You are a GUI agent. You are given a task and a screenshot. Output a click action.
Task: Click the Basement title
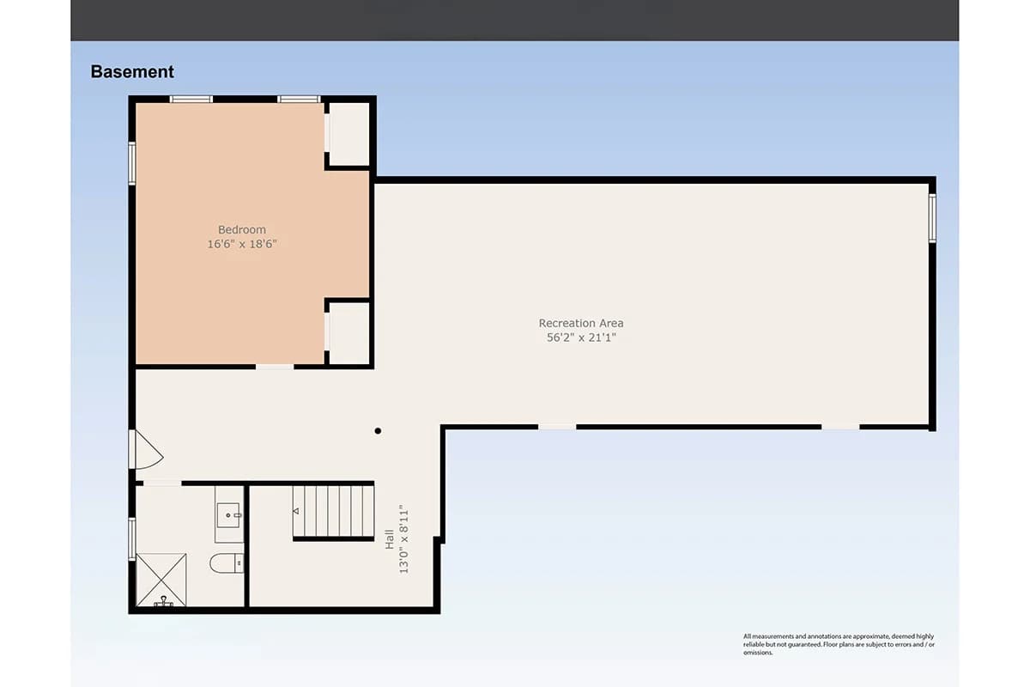pos(132,72)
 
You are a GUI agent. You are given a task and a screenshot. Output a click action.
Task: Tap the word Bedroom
pos(242,229)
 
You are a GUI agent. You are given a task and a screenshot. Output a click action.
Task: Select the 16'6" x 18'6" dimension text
pos(242,244)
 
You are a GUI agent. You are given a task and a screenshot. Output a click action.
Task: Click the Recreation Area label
pos(581,323)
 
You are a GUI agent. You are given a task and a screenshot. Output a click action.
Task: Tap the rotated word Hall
pos(389,539)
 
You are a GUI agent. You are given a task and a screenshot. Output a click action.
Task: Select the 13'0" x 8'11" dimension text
pos(403,539)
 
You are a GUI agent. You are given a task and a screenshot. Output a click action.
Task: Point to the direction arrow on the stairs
pos(297,511)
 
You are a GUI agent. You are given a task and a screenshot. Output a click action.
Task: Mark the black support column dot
pos(378,431)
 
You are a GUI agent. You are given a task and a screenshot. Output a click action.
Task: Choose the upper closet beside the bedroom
pos(349,134)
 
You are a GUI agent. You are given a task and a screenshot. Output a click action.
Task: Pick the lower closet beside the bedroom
pos(349,333)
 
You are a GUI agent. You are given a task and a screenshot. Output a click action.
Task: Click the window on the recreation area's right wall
pos(932,218)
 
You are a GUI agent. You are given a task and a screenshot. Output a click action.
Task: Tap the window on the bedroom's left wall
pos(132,162)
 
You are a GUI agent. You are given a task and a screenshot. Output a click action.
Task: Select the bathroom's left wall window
pos(132,538)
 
